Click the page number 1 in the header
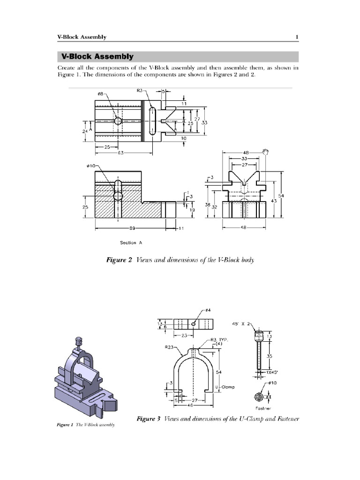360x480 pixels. [297, 37]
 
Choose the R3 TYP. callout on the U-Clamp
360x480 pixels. [218, 339]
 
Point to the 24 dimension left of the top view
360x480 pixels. [85, 132]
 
